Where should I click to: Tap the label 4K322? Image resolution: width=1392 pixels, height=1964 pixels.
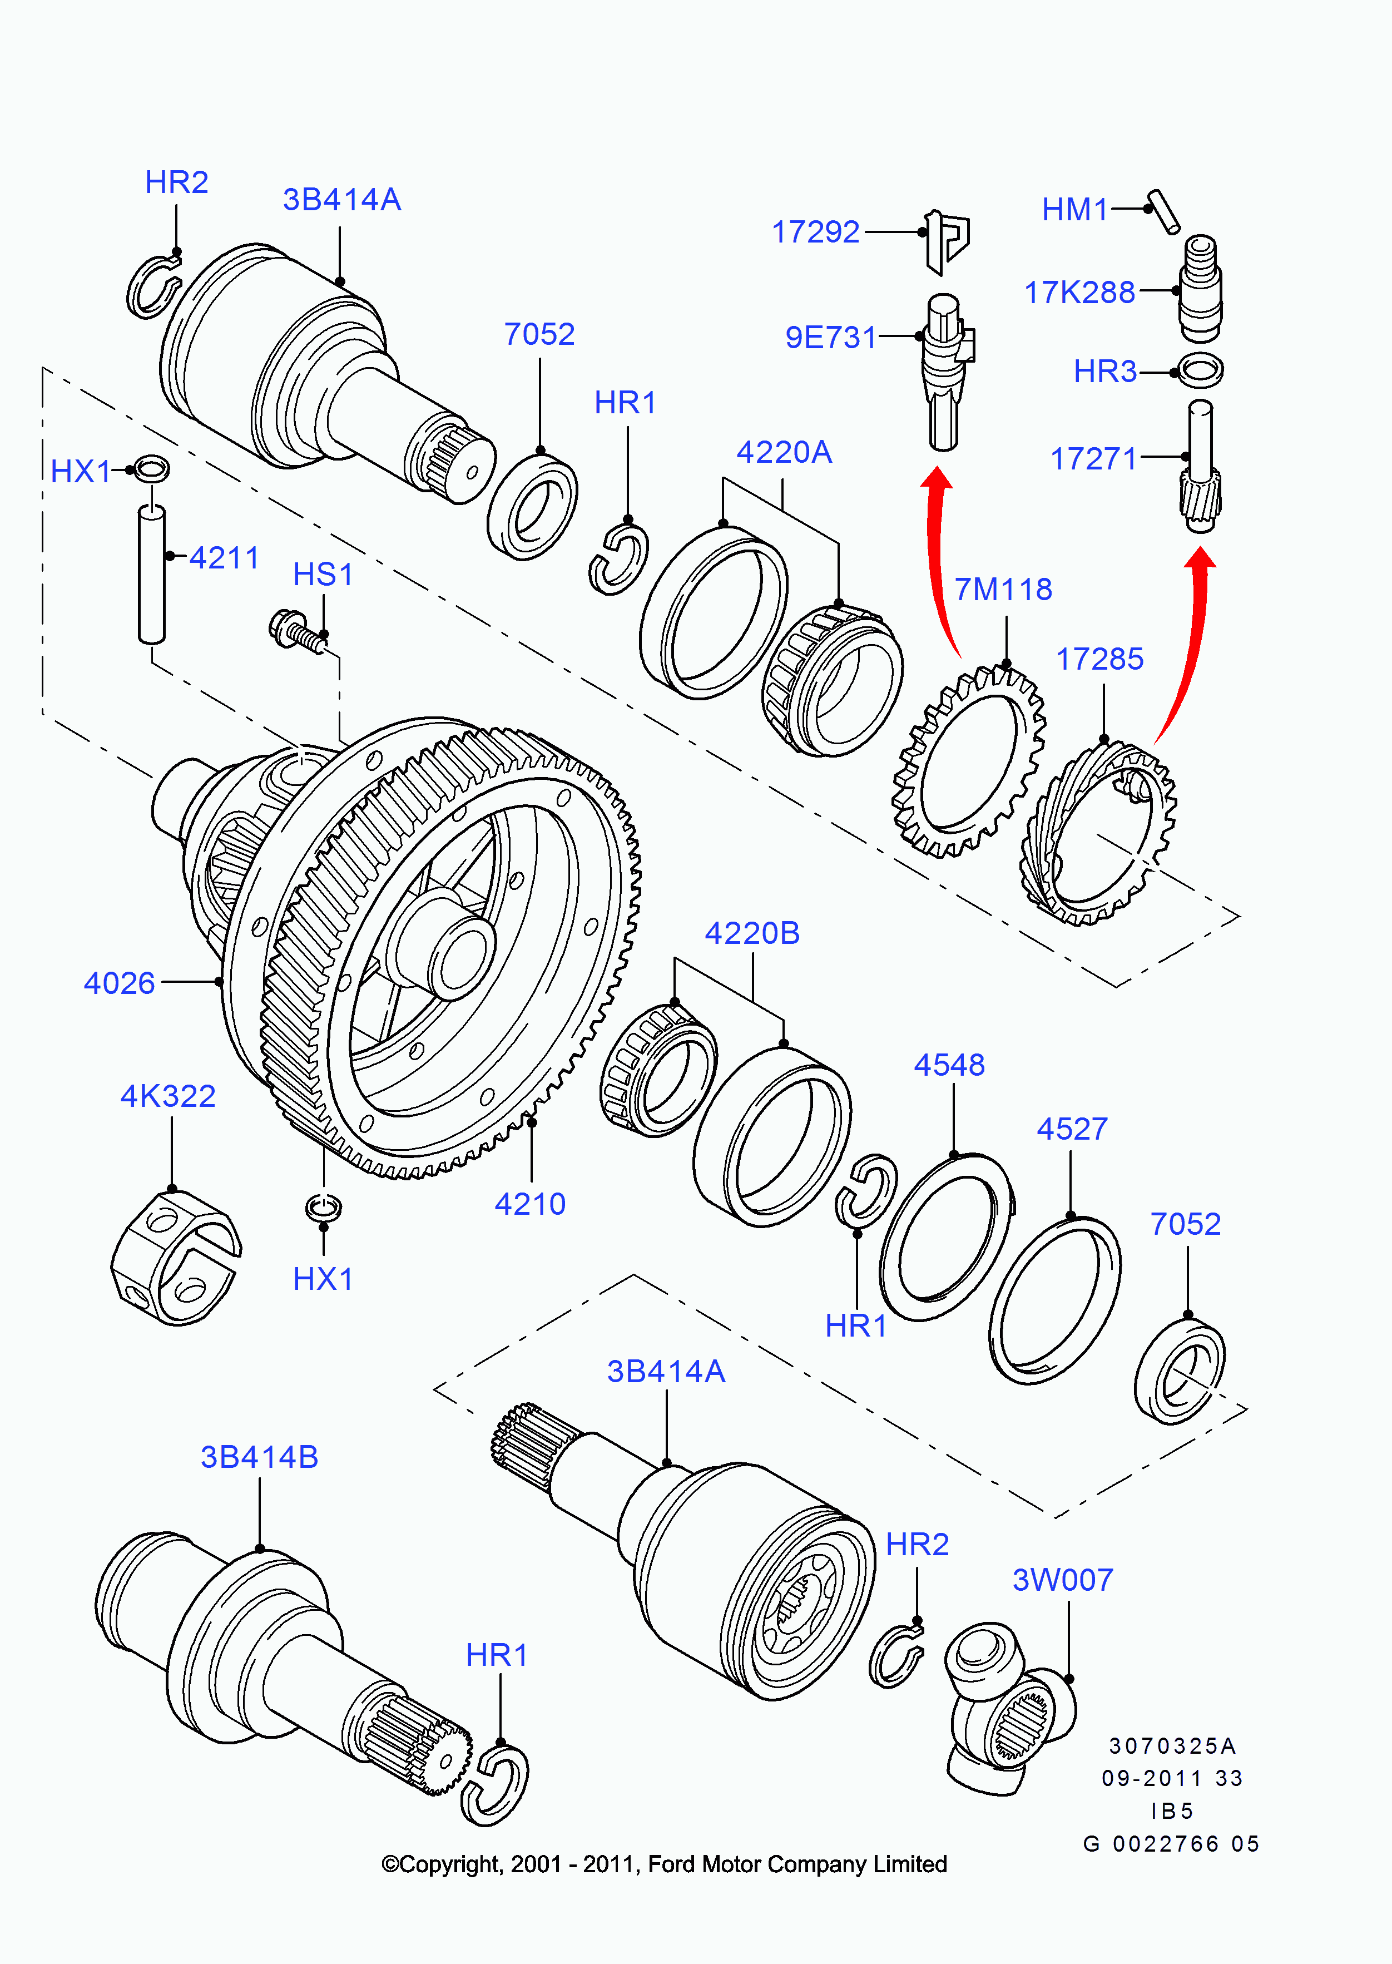point(168,1096)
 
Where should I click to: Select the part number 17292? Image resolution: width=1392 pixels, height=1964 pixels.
point(815,231)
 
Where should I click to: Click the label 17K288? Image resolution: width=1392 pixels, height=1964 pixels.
point(1079,293)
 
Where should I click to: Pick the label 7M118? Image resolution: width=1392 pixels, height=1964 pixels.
point(1003,589)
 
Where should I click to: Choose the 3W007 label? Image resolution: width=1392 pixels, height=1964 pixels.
point(1063,1579)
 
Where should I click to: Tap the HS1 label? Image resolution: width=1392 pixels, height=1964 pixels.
point(323,575)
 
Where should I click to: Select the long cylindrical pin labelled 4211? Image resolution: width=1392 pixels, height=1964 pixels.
point(152,573)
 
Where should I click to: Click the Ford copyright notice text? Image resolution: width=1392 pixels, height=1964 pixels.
point(664,1864)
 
